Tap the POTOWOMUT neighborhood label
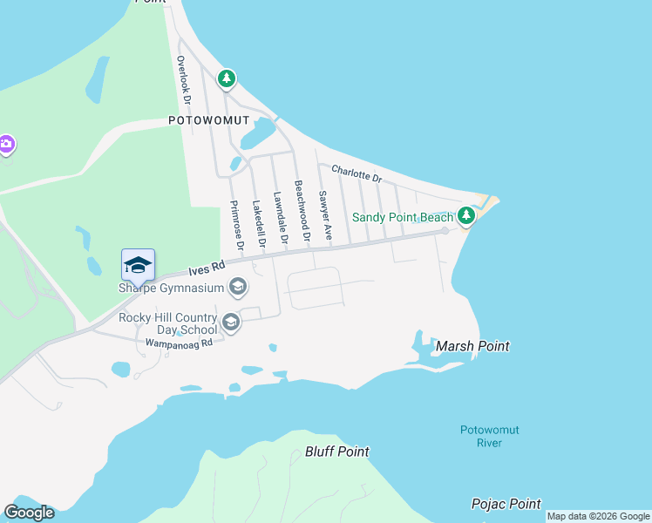(209, 120)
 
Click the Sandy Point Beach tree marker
(466, 214)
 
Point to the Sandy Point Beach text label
(403, 217)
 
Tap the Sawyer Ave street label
(325, 214)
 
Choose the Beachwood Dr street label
(302, 211)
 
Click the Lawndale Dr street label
(280, 218)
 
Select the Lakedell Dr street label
(257, 224)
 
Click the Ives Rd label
(207, 266)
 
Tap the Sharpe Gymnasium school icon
(237, 287)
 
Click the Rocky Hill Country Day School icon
(230, 323)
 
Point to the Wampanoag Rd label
(166, 343)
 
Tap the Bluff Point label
(336, 452)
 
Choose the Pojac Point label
(506, 504)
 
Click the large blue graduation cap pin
(138, 265)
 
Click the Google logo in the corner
(29, 513)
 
